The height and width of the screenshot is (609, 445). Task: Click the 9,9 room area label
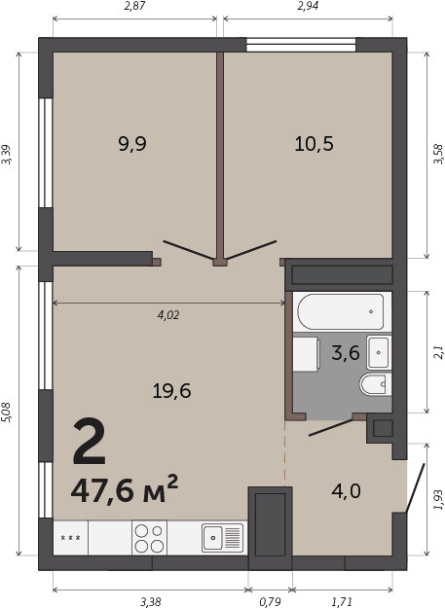pyautogui.click(x=132, y=145)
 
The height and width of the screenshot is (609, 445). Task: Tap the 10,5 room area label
pyautogui.click(x=314, y=144)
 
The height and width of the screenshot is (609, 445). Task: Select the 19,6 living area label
pyautogui.click(x=171, y=391)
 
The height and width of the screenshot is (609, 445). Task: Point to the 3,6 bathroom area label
pyautogui.click(x=346, y=353)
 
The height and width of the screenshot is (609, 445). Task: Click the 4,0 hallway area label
pyautogui.click(x=346, y=491)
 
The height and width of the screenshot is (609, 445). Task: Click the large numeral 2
pyautogui.click(x=90, y=442)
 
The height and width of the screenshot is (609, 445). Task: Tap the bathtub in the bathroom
pyautogui.click(x=341, y=312)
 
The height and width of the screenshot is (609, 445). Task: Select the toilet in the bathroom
pyautogui.click(x=376, y=384)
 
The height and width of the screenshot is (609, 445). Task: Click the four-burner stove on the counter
pyautogui.click(x=149, y=538)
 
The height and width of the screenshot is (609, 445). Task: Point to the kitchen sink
pyautogui.click(x=222, y=538)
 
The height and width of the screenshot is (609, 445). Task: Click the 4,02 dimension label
pyautogui.click(x=168, y=315)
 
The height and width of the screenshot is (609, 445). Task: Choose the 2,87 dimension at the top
pyautogui.click(x=134, y=6)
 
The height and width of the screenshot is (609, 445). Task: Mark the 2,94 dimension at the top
pyautogui.click(x=308, y=6)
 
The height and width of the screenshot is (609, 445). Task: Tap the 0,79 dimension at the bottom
pyautogui.click(x=270, y=602)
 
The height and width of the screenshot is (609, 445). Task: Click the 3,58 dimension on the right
pyautogui.click(x=438, y=154)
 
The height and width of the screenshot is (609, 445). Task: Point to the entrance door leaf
pyautogui.click(x=415, y=487)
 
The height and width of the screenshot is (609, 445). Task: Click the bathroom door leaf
pyautogui.click(x=331, y=428)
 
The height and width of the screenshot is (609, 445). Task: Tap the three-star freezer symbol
pyautogui.click(x=71, y=538)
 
